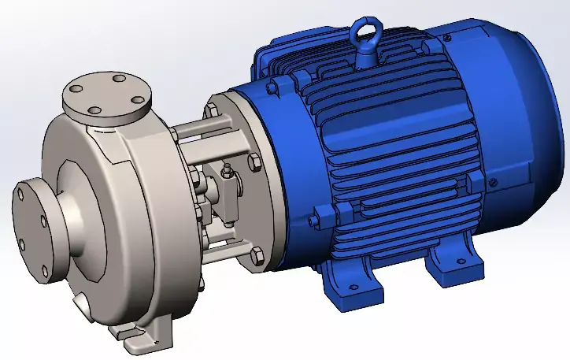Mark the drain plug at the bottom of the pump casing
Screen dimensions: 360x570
[x=82, y=302]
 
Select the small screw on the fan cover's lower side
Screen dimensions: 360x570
[x=494, y=183]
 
